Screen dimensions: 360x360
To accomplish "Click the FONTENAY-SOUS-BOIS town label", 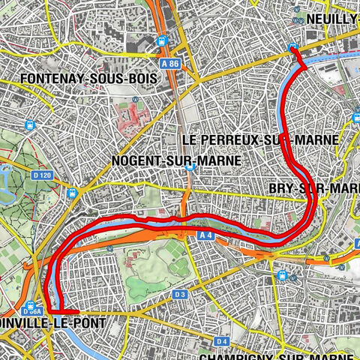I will [x=66, y=78].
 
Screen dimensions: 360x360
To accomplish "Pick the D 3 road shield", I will [x=179, y=295].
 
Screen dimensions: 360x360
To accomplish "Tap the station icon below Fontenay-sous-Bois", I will [x=135, y=99].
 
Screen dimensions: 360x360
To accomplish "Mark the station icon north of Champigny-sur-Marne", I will [x=281, y=275].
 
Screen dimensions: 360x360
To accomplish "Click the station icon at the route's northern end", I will [x=292, y=49].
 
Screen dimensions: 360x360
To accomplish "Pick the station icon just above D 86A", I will [x=31, y=304].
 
